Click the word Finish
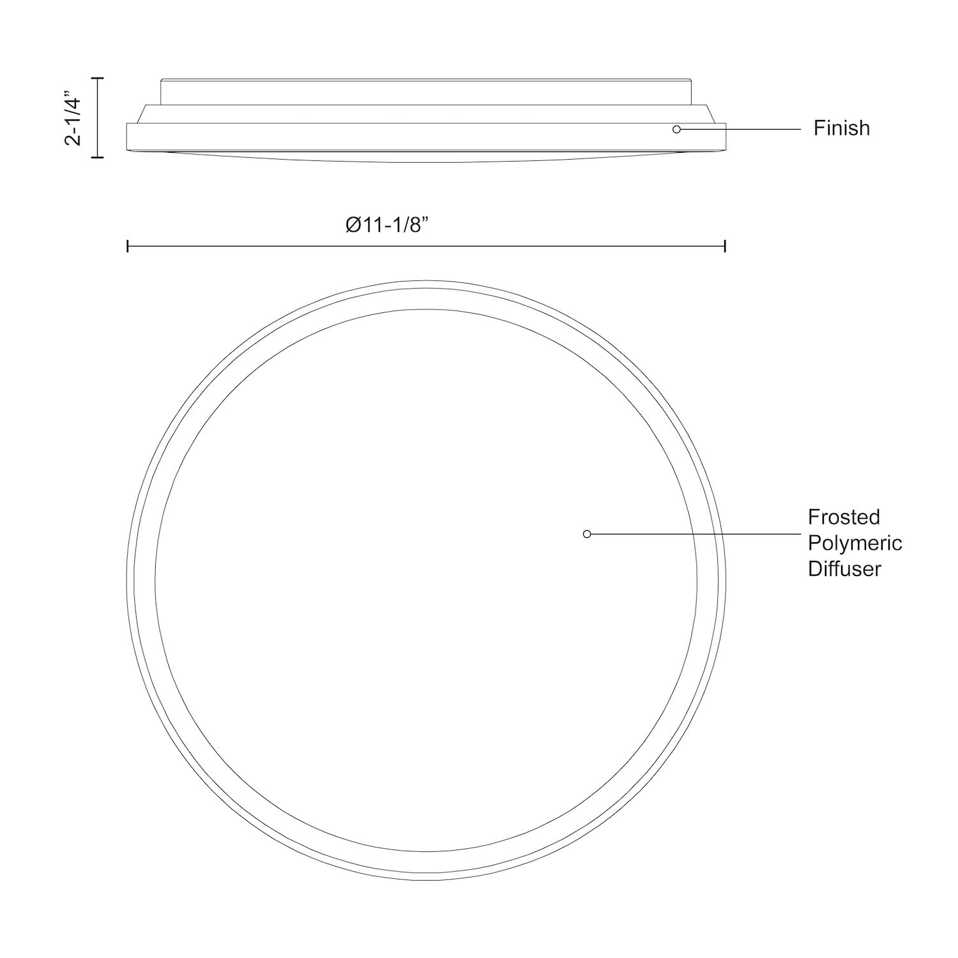(841, 128)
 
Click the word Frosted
(844, 517)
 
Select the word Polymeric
(855, 543)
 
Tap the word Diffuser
(844, 568)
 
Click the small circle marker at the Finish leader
(676, 129)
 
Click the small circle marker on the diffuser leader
(587, 534)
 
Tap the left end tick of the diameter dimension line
(128, 247)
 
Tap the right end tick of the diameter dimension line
(725, 247)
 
